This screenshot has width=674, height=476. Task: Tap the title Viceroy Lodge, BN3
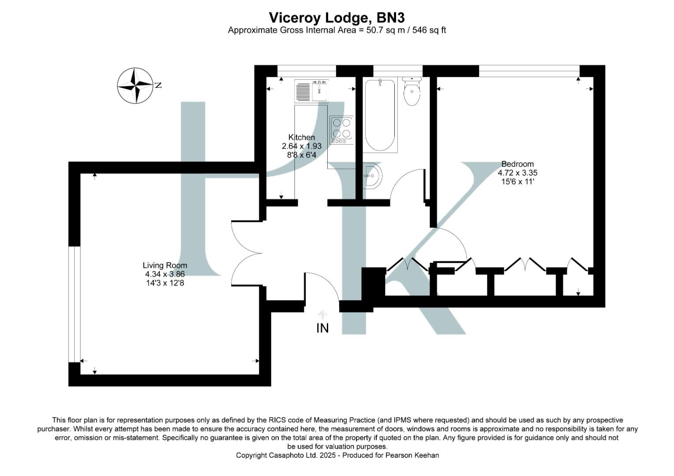[337, 18]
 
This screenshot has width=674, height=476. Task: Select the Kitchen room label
[302, 137]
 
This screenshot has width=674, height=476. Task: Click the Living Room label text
[165, 265]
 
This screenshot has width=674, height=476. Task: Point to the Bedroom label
[517, 164]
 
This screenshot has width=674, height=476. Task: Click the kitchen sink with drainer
[311, 91]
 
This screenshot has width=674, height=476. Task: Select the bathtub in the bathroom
[380, 115]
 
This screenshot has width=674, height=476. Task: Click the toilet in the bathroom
[412, 91]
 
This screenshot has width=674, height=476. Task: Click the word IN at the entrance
[322, 328]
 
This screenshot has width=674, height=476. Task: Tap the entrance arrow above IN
[322, 314]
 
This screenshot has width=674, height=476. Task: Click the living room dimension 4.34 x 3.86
[165, 274]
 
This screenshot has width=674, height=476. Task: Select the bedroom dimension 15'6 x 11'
[517, 182]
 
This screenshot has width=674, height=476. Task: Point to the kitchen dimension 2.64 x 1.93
[302, 146]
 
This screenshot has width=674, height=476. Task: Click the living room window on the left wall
[75, 304]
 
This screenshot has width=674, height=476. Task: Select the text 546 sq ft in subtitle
[429, 30]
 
